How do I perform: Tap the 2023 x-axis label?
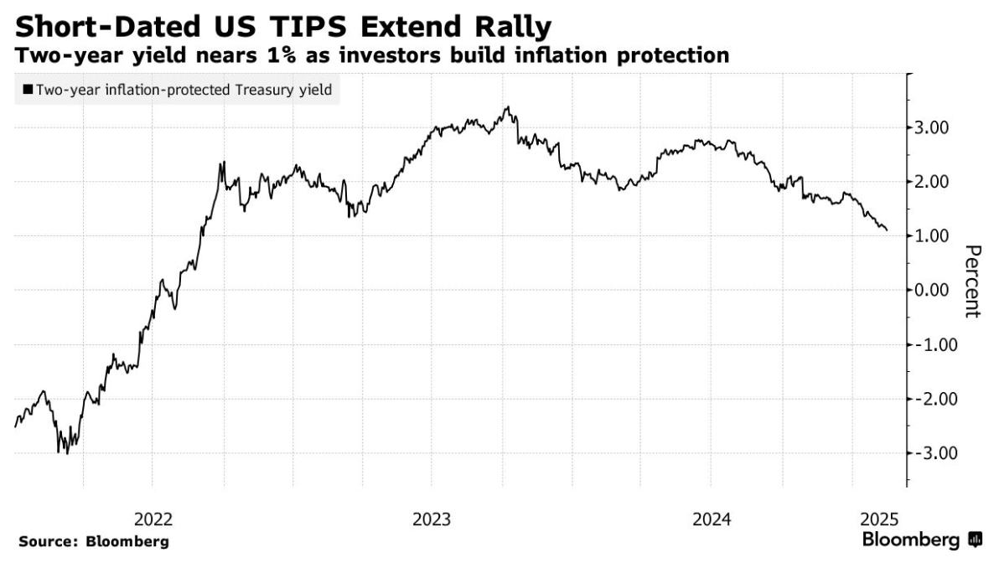(x=431, y=519)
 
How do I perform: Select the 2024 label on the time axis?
(x=711, y=519)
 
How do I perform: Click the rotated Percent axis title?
(x=971, y=281)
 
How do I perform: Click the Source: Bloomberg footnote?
(x=93, y=541)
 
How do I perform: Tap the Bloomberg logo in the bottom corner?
(x=921, y=539)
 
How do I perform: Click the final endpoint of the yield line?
(x=887, y=230)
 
